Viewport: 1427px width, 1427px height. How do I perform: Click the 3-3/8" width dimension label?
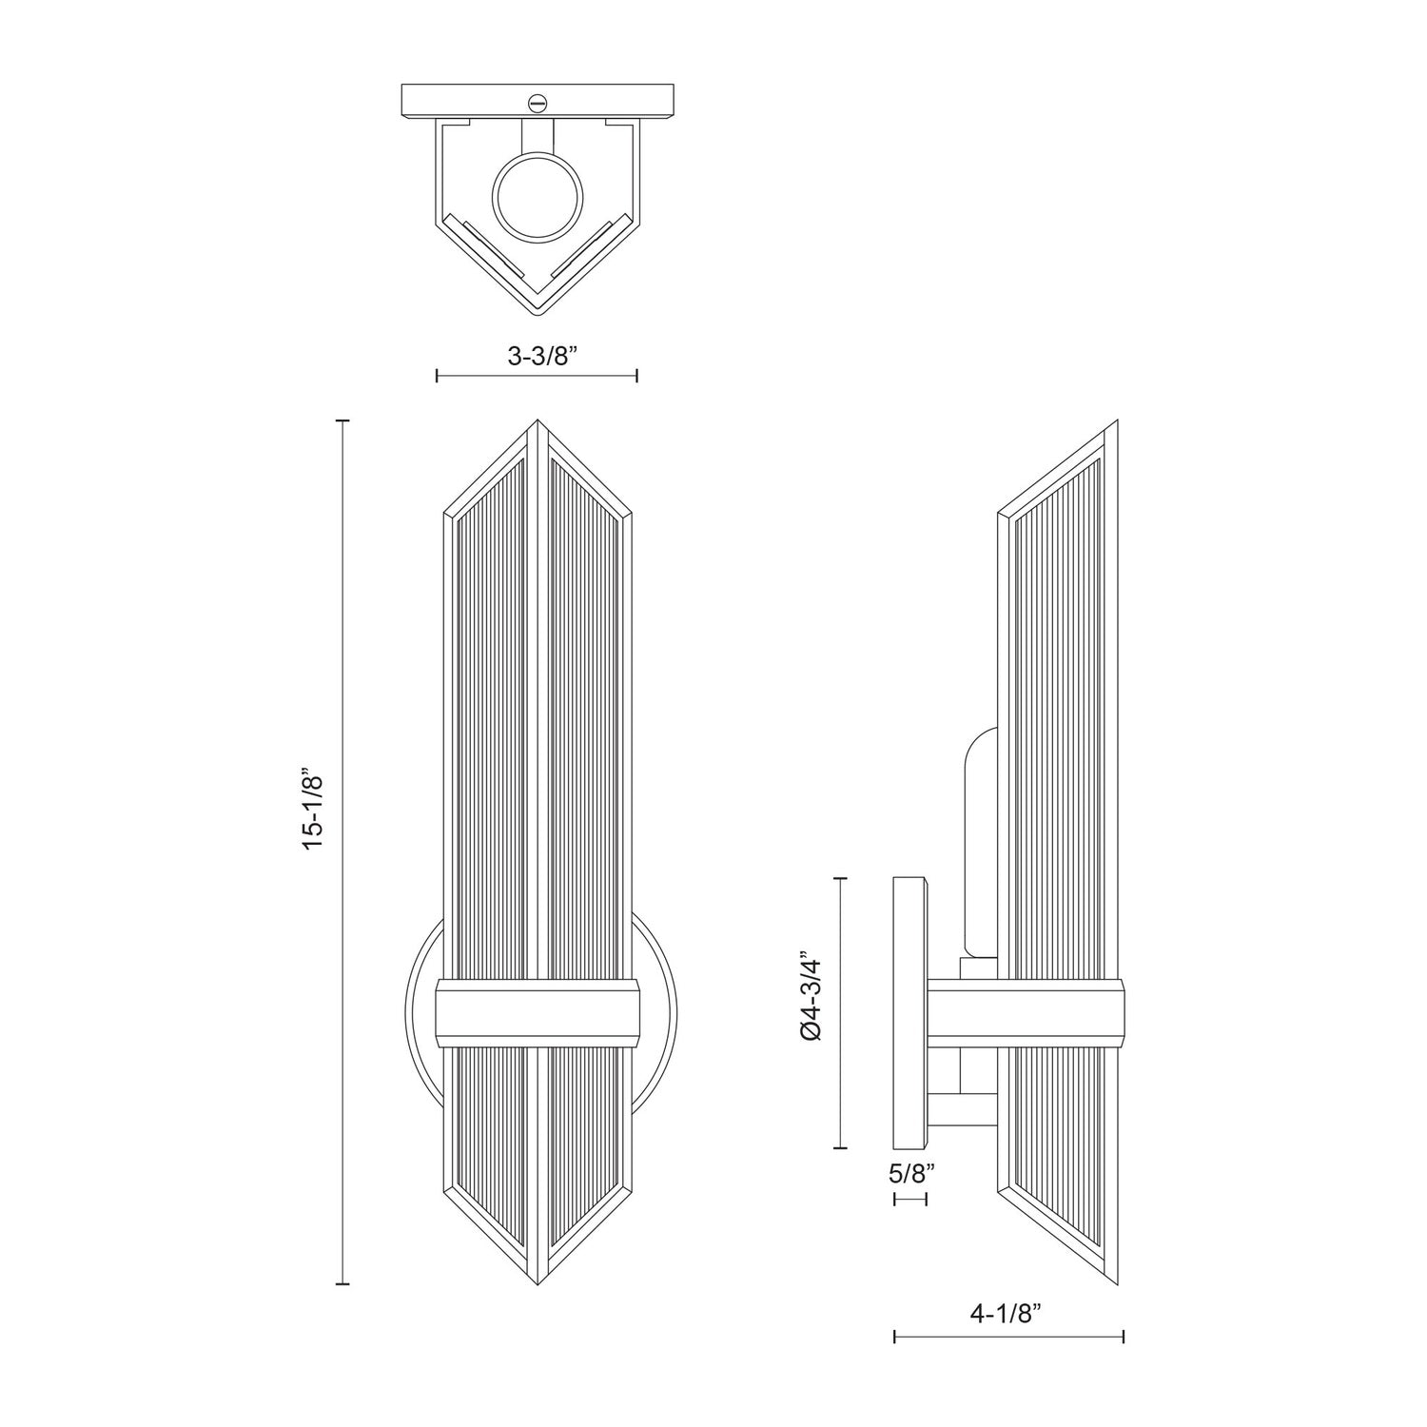tap(537, 357)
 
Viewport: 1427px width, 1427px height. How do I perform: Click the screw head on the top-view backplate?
tap(538, 100)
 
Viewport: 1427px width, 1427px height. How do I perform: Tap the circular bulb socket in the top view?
tap(537, 199)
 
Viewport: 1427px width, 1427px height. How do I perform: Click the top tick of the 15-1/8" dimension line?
tap(343, 420)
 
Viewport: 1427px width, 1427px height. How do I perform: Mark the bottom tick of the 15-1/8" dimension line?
tap(343, 1284)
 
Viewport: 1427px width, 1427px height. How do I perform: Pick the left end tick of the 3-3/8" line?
tap(437, 376)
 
